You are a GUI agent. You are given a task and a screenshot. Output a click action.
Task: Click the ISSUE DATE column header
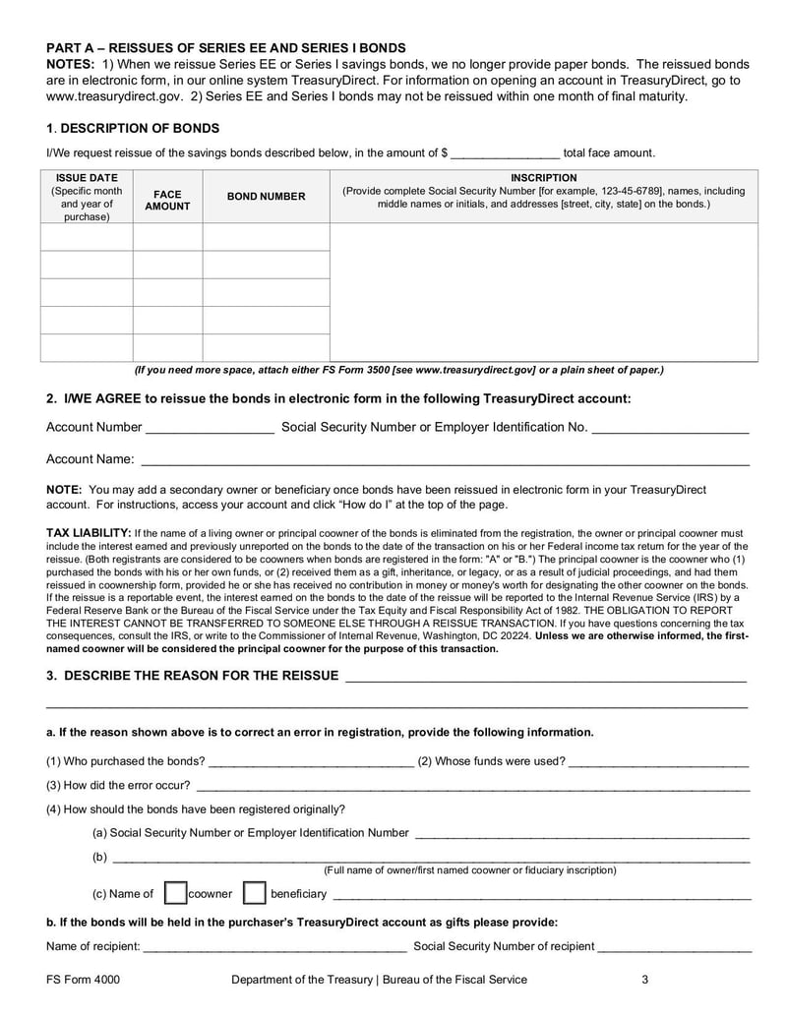coord(87,178)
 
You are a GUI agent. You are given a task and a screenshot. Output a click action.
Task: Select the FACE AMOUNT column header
coord(167,201)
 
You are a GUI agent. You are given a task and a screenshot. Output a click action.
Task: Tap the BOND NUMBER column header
coord(266,197)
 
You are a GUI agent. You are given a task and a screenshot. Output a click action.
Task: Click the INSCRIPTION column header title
coord(543,178)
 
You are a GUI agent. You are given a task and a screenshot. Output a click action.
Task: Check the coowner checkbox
coord(175,893)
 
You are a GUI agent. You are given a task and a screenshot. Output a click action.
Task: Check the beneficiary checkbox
coord(254,893)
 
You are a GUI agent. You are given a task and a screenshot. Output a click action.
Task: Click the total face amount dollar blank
coord(506,154)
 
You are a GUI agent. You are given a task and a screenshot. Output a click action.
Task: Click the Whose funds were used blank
coord(658,762)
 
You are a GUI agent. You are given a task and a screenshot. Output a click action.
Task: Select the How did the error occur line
coord(472,787)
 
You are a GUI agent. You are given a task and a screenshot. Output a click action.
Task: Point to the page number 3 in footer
coord(644,980)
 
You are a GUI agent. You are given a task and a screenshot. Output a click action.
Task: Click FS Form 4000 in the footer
coord(84,980)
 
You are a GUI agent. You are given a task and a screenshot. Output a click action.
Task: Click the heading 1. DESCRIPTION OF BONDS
coord(133,129)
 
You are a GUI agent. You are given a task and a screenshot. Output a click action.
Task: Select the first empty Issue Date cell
coord(87,237)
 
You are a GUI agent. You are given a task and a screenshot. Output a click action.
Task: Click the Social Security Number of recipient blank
coord(675,948)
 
